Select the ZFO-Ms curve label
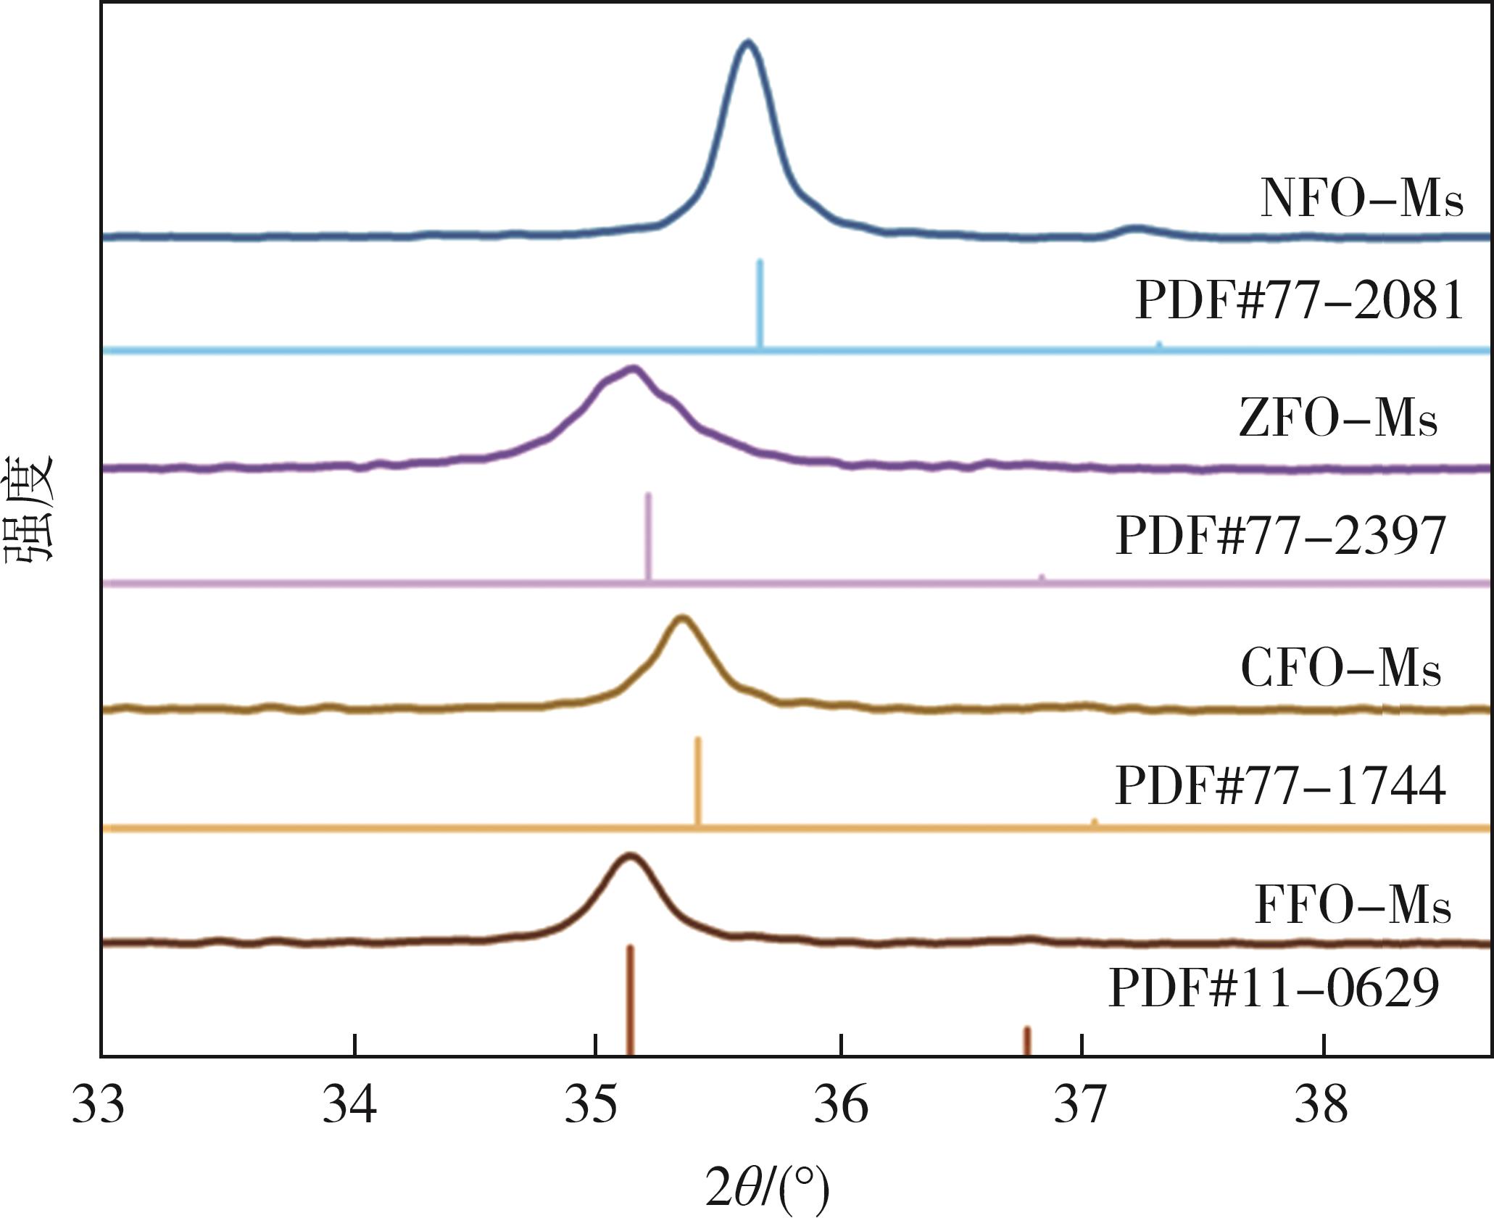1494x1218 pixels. pyautogui.click(x=1337, y=418)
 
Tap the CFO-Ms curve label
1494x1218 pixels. pyautogui.click(x=1340, y=668)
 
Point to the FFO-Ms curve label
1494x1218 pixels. pyautogui.click(x=1352, y=906)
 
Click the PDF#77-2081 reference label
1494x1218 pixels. pyautogui.click(x=1299, y=300)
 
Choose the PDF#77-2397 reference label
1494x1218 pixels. pyautogui.click(x=1280, y=536)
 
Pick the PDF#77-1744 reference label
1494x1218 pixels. pyautogui.click(x=1280, y=786)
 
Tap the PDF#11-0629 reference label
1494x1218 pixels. pyautogui.click(x=1274, y=988)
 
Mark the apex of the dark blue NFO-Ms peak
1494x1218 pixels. pyautogui.click(x=748, y=43)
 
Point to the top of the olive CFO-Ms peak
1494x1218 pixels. pyautogui.click(x=681, y=617)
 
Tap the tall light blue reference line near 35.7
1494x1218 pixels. pyautogui.click(x=760, y=304)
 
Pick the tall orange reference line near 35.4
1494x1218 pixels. pyautogui.click(x=697, y=782)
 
